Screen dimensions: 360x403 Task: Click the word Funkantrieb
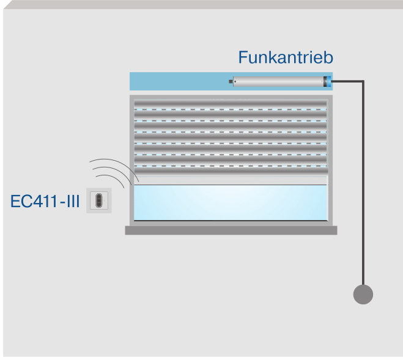(286, 58)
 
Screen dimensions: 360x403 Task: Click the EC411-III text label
(45, 200)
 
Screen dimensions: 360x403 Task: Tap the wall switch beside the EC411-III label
(98, 200)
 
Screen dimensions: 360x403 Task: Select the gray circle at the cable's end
(363, 294)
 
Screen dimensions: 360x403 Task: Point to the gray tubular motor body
(278, 81)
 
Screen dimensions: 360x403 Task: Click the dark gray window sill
(231, 230)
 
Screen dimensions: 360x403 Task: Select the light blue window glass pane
(230, 203)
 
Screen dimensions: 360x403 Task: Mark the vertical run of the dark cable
(363, 183)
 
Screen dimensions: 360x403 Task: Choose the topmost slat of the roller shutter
(230, 102)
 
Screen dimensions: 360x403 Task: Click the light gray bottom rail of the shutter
(230, 180)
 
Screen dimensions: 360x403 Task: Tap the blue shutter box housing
(177, 81)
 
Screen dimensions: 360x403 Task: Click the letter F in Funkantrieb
(243, 58)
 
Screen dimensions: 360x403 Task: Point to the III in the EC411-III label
(72, 200)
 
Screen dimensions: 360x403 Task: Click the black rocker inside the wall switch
(98, 200)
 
